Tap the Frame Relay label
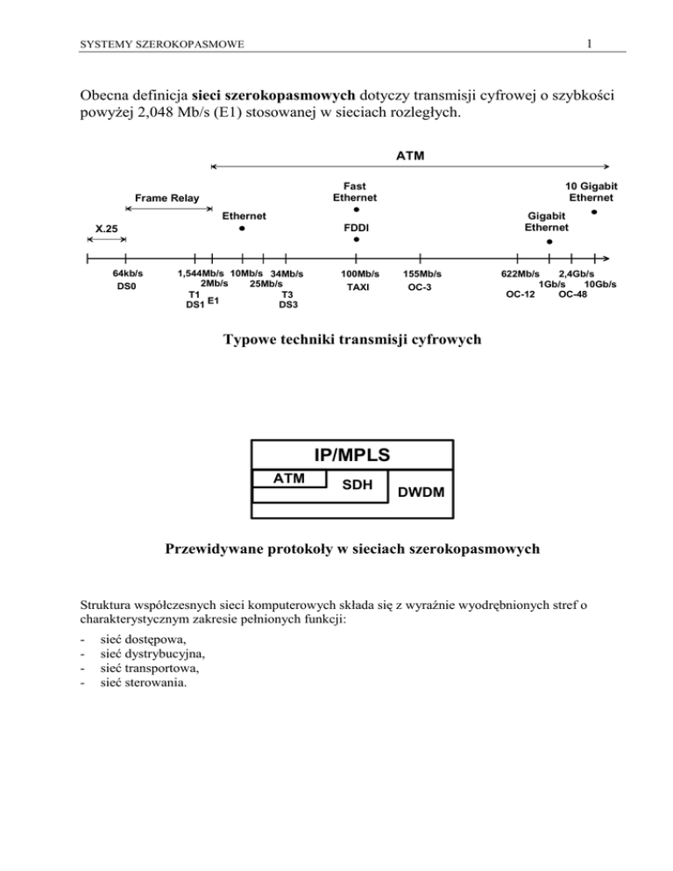coord(164,199)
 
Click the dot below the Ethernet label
coord(242,229)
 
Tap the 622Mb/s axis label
coord(520,274)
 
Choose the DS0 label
coord(126,287)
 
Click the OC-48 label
coord(573,294)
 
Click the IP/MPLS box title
coord(351,455)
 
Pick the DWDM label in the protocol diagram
coord(421,495)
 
